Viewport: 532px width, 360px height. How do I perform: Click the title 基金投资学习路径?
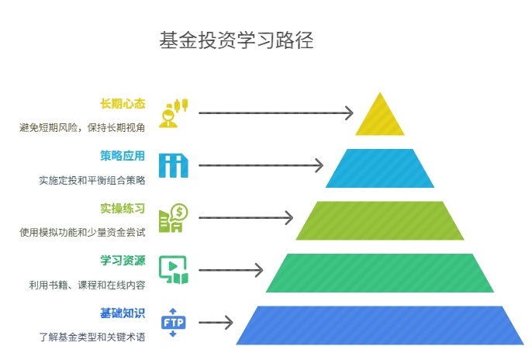pyautogui.click(x=236, y=40)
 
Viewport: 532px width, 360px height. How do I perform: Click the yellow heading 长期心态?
pyautogui.click(x=123, y=104)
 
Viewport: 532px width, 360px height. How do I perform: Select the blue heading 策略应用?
pyautogui.click(x=123, y=155)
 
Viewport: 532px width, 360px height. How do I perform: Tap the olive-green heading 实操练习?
pyautogui.click(x=123, y=208)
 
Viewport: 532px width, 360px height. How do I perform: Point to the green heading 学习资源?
pyautogui.click(x=123, y=261)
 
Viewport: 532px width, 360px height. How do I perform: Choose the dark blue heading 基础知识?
pyautogui.click(x=123, y=313)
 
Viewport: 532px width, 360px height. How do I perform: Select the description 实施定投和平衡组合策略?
pyautogui.click(x=92, y=180)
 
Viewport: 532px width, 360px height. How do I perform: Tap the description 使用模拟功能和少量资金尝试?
pyautogui.click(x=82, y=232)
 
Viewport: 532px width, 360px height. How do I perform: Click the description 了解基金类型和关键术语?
pyautogui.click(x=92, y=337)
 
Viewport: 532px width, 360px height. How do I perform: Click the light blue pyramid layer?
pyautogui.click(x=380, y=168)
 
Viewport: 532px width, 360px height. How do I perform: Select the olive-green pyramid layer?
pyautogui.click(x=380, y=220)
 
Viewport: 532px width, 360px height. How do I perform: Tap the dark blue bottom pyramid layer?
pyautogui.click(x=380, y=325)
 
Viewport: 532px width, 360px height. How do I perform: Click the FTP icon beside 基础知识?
pyautogui.click(x=173, y=323)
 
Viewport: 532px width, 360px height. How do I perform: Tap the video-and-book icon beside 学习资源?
pyautogui.click(x=173, y=269)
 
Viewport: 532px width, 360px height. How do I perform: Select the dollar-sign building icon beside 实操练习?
pyautogui.click(x=173, y=218)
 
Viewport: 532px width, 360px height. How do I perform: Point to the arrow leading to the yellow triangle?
pyautogui.click(x=275, y=113)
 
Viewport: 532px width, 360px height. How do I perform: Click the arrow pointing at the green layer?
pyautogui.click(x=230, y=271)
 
